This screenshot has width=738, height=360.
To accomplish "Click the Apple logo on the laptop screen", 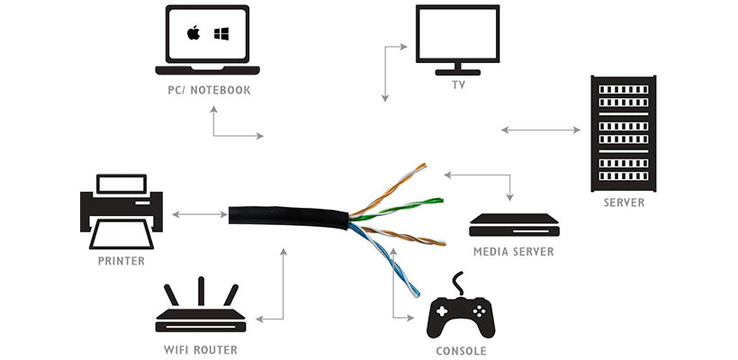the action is [x=193, y=33].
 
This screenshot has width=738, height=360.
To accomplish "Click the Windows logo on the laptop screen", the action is [x=221, y=33].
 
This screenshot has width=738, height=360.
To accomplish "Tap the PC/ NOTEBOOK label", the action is [x=210, y=90].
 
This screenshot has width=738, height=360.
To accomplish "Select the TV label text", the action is [x=458, y=86].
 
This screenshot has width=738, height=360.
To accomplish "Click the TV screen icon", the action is [x=457, y=40].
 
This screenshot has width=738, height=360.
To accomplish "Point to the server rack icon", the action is [x=623, y=133].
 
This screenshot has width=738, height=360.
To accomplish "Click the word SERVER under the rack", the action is [x=624, y=202].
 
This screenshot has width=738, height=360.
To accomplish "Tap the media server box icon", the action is [x=514, y=225].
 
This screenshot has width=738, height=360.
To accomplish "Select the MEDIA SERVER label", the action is [x=514, y=252].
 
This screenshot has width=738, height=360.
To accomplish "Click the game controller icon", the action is [x=460, y=310].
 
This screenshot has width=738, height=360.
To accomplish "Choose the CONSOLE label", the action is [x=461, y=351].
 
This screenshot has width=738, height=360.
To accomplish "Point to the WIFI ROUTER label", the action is [x=201, y=350].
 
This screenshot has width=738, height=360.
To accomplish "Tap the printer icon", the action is [x=121, y=211].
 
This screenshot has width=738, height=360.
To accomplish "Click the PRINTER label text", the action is [x=121, y=261].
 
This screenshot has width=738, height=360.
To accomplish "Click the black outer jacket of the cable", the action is [x=288, y=217].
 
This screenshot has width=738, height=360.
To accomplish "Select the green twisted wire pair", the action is [x=398, y=209].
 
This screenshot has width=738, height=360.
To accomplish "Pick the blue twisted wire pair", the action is [x=383, y=260].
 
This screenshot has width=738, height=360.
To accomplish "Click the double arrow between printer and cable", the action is [x=200, y=214].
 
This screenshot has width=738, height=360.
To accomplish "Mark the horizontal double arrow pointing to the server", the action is [x=541, y=130].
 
